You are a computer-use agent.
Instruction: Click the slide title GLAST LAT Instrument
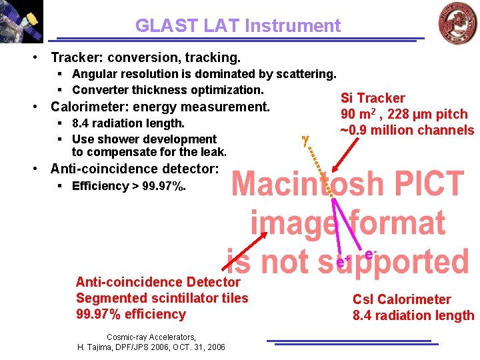click(237, 26)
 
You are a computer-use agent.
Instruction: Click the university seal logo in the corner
click(457, 22)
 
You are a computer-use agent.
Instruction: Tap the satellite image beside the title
click(21, 21)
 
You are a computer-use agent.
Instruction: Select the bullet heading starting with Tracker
click(145, 58)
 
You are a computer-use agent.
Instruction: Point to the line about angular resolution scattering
click(203, 74)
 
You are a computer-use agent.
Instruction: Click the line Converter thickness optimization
click(167, 90)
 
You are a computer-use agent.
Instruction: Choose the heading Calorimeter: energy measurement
click(160, 107)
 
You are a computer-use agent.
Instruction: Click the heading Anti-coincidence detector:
click(134, 169)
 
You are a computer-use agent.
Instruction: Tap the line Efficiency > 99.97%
click(129, 186)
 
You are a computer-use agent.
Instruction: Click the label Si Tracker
click(373, 98)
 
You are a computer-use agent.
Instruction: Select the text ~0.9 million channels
click(407, 130)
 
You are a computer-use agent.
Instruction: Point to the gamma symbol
click(305, 140)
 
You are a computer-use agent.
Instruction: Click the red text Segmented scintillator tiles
click(161, 298)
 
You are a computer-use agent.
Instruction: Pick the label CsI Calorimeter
click(401, 299)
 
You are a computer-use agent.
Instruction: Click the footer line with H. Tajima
click(151, 347)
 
